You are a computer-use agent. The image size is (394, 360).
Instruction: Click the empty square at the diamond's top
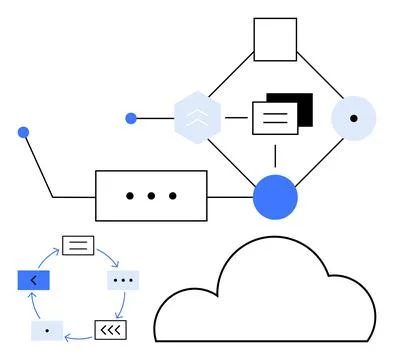pyautogui.click(x=275, y=40)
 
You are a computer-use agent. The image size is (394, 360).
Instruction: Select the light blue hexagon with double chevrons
pyautogui.click(x=197, y=118)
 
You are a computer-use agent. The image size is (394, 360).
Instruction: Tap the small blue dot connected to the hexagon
pyautogui.click(x=131, y=118)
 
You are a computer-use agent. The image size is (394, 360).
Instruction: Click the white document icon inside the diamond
pyautogui.click(x=273, y=119)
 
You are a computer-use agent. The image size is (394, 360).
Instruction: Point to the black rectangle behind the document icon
pyautogui.click(x=301, y=104)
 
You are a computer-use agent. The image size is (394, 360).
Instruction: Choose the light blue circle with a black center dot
pyautogui.click(x=353, y=118)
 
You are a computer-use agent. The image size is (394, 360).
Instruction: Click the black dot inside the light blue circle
pyautogui.click(x=353, y=118)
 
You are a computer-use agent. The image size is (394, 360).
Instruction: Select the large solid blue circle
pyautogui.click(x=275, y=195)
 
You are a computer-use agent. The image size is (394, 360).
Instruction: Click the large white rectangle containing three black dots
pyautogui.click(x=151, y=195)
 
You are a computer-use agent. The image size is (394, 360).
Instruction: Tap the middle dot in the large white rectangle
pyautogui.click(x=151, y=196)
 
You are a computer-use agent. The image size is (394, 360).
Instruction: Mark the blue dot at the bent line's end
pyautogui.click(x=23, y=132)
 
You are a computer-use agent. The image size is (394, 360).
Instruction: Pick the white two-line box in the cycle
pyautogui.click(x=77, y=244)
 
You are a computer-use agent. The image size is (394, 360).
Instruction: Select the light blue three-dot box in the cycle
pyautogui.click(x=123, y=280)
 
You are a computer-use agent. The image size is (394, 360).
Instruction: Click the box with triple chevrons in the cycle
pyautogui.click(x=110, y=328)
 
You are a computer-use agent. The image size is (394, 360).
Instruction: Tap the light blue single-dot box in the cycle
pyautogui.click(x=47, y=328)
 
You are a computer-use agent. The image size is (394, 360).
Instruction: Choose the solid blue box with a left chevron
pyautogui.click(x=33, y=280)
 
